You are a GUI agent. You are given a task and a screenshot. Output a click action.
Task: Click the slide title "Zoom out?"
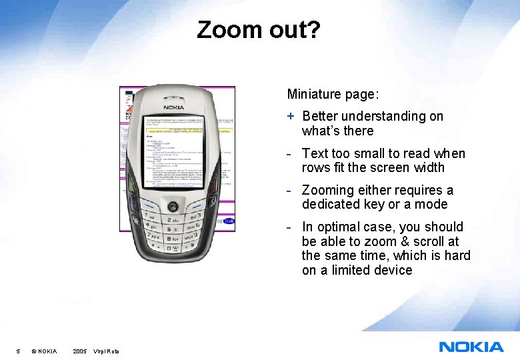259,30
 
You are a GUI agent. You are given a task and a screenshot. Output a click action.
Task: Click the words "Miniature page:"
323,95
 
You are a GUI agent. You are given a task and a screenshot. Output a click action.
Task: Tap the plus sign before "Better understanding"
291,116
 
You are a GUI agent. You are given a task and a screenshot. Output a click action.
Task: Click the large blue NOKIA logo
471,347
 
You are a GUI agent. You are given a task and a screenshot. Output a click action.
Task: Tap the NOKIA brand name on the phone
175,107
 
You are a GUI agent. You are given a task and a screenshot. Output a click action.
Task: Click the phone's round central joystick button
174,205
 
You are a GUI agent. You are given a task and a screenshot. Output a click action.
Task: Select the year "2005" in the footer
79,351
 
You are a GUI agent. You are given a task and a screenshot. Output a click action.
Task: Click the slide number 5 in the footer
19,351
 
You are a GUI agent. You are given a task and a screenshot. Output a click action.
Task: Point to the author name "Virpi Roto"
107,351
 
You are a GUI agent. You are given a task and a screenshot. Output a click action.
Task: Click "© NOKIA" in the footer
44,351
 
